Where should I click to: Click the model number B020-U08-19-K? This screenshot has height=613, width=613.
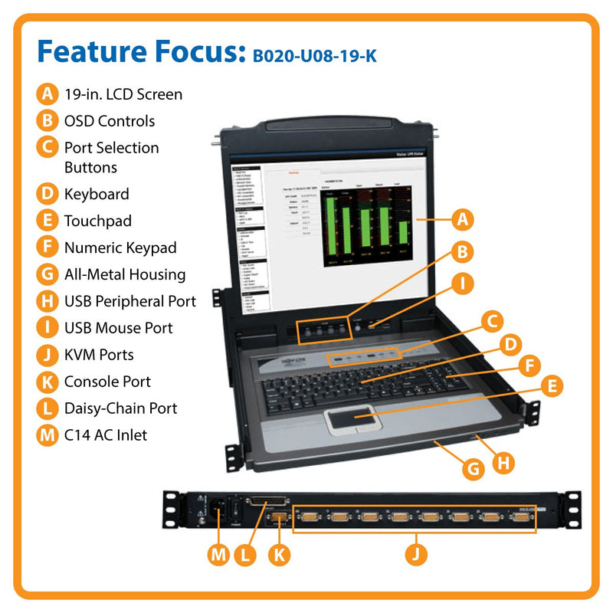click(x=314, y=55)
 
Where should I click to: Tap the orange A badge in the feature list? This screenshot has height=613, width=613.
click(x=48, y=94)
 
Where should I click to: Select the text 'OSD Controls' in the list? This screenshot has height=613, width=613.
click(x=110, y=121)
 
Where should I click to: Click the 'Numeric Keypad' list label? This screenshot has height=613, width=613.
click(x=120, y=247)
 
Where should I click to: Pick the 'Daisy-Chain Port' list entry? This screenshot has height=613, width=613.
click(x=121, y=408)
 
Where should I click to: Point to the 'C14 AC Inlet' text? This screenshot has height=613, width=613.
click(x=106, y=435)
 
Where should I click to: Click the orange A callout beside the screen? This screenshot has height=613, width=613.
click(x=461, y=220)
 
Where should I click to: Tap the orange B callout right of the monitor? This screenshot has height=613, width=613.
click(x=461, y=251)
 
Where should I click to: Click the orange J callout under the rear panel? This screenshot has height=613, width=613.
click(x=416, y=554)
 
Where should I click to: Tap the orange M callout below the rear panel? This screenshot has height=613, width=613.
click(x=219, y=554)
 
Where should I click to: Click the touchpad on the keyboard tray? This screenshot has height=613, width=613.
click(x=354, y=418)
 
